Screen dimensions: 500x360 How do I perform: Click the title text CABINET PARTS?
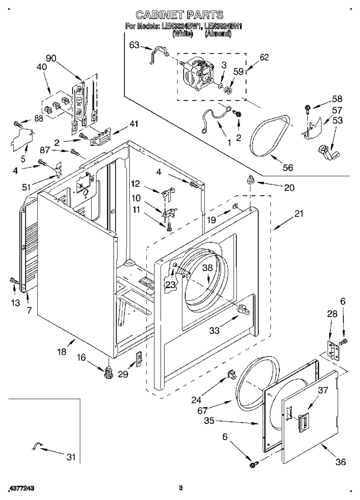(179, 15)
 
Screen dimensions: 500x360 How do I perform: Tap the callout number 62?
(264, 57)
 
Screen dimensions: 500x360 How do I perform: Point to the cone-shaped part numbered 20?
(250, 180)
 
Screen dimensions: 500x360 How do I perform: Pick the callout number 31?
(71, 457)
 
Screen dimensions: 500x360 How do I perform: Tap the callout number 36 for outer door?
(340, 462)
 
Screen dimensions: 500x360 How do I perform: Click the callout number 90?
(51, 58)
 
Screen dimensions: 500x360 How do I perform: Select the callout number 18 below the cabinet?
(62, 351)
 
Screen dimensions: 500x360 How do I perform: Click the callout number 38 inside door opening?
(208, 268)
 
